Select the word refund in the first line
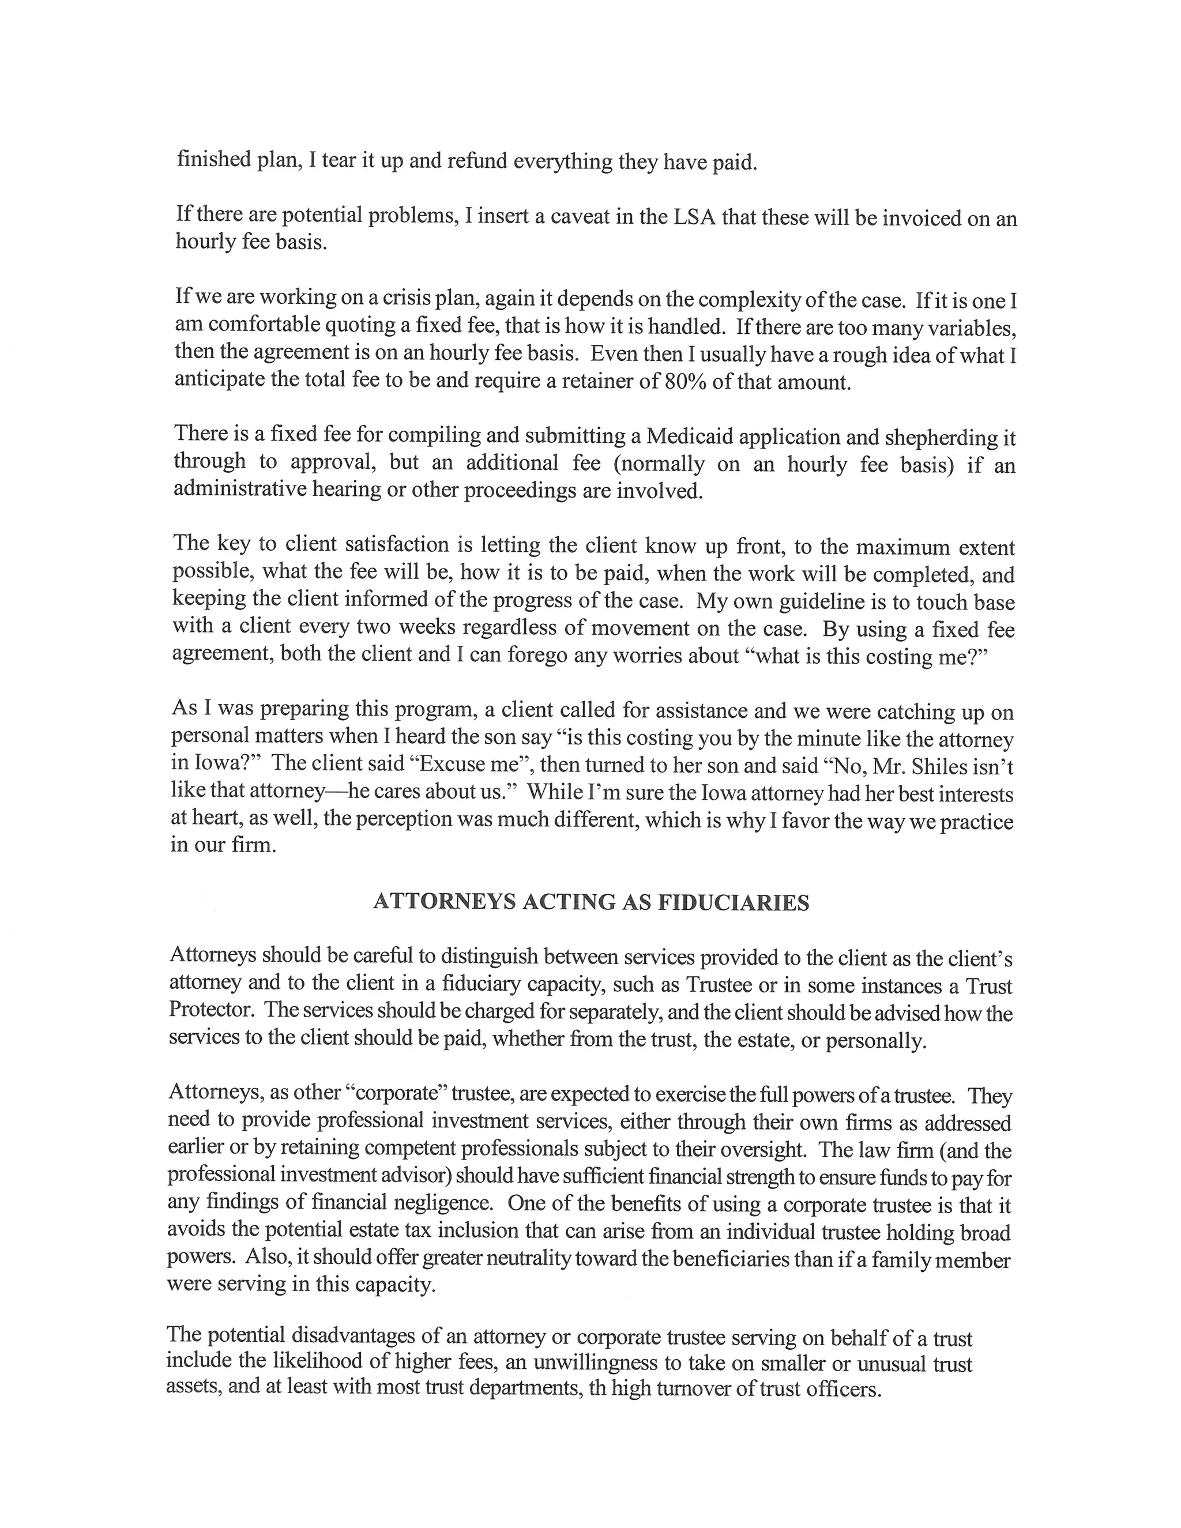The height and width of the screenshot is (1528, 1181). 476,161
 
